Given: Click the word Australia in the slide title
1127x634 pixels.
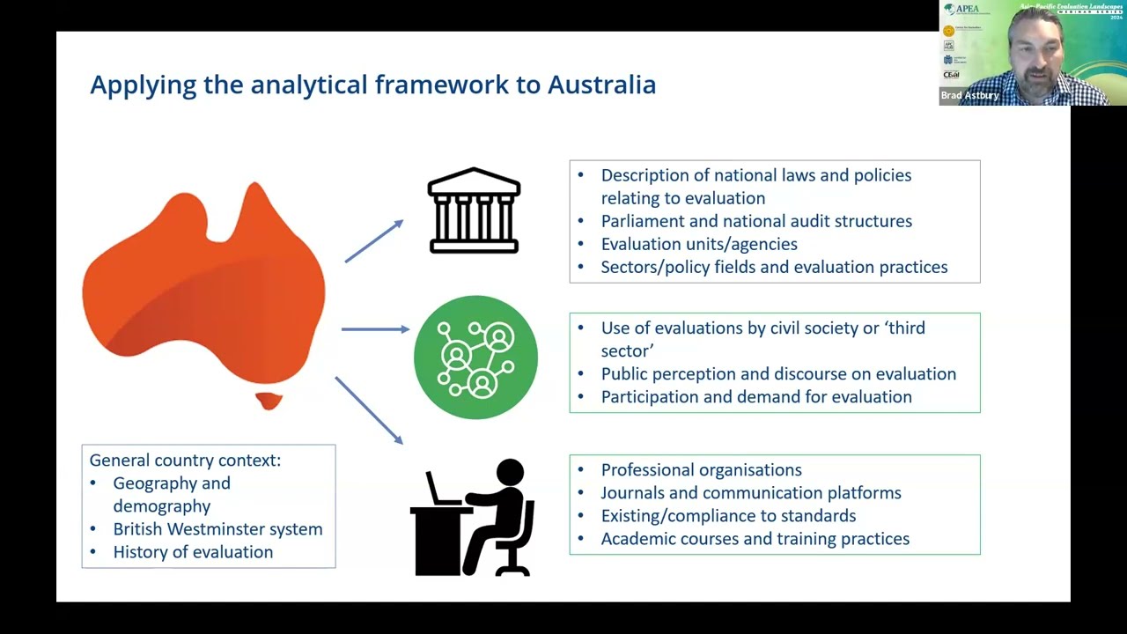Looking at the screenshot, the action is coord(601,85).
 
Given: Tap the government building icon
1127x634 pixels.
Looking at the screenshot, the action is coord(474,211).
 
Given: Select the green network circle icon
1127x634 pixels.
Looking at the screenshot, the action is coord(475,357).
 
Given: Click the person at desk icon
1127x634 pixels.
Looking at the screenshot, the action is coord(474,518).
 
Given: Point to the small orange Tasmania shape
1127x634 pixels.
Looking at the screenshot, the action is coord(269,401).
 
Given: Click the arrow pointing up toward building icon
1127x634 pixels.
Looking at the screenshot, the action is coord(373,241).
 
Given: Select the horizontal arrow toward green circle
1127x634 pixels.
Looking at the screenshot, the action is coord(375,329).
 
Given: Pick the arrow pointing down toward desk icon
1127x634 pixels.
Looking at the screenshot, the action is coord(369,410).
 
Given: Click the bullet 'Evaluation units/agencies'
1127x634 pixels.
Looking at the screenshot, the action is coord(699,244).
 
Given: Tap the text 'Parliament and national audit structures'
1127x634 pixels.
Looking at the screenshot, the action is coord(756,221).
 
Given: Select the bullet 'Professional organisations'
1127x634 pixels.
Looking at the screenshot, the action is coord(701,470).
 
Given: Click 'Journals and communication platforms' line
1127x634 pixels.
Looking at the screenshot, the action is coord(751,493).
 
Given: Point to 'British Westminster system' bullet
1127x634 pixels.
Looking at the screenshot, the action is coord(217,529).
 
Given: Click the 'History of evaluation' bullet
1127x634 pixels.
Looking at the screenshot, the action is coord(193,552).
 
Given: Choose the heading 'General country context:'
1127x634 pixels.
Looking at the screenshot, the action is coord(185,460).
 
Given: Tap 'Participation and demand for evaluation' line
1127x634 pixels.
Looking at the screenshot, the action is coord(756,397).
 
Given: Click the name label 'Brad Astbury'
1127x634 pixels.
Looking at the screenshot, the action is coord(969,95).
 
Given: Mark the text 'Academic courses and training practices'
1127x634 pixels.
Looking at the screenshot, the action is coord(755,539).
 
